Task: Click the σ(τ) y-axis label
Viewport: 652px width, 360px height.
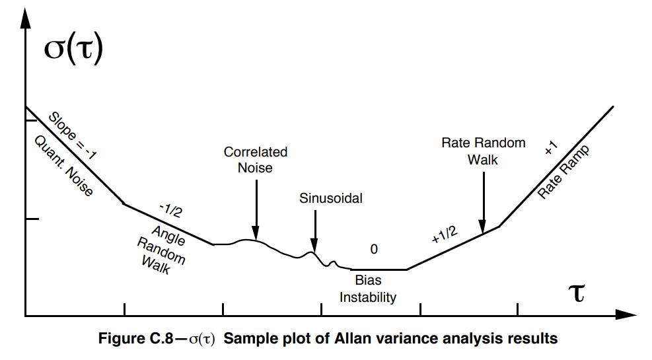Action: pyautogui.click(x=73, y=51)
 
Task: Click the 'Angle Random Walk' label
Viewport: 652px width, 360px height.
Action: pyautogui.click(x=161, y=250)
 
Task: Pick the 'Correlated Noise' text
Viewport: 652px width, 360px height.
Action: pyautogui.click(x=256, y=160)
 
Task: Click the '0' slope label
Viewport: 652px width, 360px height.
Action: pyautogui.click(x=374, y=249)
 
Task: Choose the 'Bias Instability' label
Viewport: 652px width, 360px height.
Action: pyautogui.click(x=368, y=289)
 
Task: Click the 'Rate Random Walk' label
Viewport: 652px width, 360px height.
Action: pyautogui.click(x=483, y=151)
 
